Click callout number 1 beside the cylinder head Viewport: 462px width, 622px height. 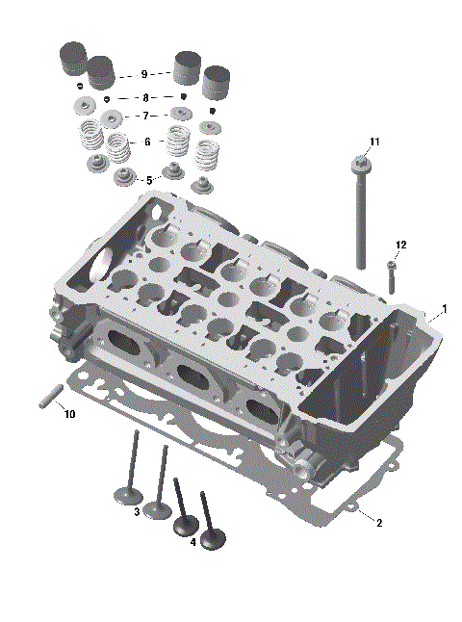(444, 310)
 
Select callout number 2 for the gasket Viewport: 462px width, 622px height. (379, 523)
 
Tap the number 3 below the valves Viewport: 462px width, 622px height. (138, 510)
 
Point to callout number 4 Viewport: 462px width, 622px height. (193, 542)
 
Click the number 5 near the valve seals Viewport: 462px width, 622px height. (147, 180)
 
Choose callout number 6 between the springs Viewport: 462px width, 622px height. (147, 142)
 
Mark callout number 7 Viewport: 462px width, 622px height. (145, 116)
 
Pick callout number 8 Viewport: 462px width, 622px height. (145, 98)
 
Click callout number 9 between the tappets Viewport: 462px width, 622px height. (143, 74)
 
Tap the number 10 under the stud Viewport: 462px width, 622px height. (68, 414)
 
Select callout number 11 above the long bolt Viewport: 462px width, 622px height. (374, 142)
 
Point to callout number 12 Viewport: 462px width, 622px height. (400, 246)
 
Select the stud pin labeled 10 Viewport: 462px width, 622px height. (51, 397)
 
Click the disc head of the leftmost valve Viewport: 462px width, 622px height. (127, 497)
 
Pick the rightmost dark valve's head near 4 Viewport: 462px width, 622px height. (213, 542)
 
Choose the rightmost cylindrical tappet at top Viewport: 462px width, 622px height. (218, 82)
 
